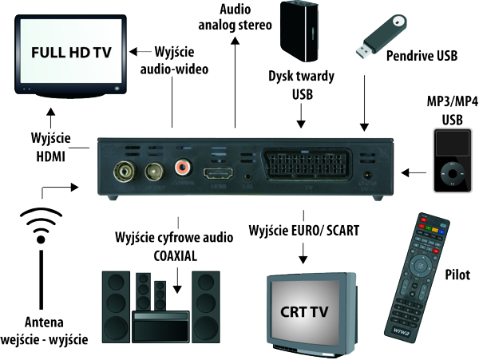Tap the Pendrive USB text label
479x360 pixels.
(x=422, y=57)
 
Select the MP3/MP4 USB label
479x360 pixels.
(x=453, y=112)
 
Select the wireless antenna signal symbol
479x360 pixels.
(x=40, y=227)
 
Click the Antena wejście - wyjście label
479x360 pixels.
(x=44, y=330)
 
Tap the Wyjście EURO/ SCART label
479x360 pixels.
(x=304, y=230)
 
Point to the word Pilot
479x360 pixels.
(x=458, y=274)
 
